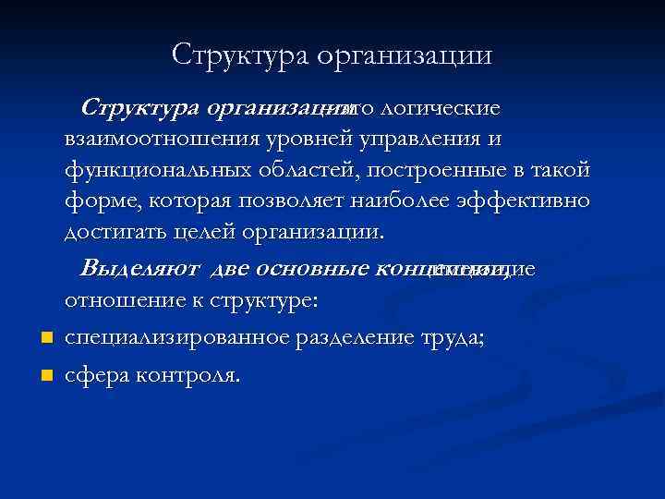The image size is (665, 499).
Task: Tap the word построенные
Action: (415, 171)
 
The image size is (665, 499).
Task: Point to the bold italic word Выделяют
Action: (141, 269)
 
